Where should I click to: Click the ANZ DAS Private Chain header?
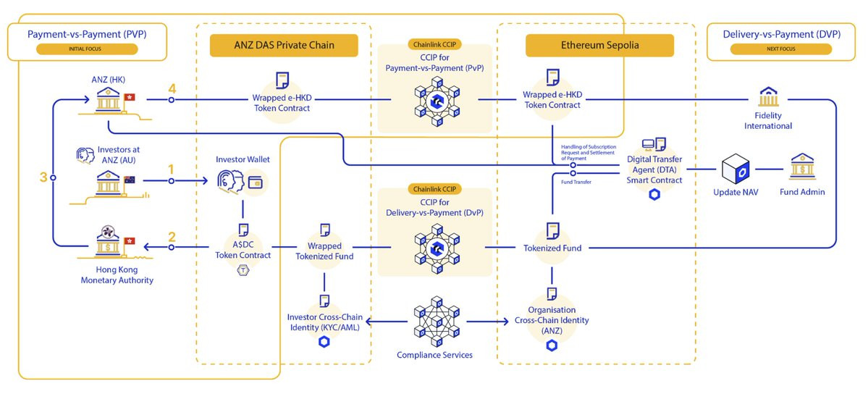point(283,46)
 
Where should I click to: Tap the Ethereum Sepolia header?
point(599,46)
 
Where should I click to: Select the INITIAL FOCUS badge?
point(86,50)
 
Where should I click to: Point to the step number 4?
point(172,89)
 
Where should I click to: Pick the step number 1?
point(171,169)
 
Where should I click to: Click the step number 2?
point(172,236)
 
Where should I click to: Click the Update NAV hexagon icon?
point(739,171)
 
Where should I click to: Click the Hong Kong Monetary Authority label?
point(117,275)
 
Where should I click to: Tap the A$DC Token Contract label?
point(243,251)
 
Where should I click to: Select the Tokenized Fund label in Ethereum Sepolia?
point(552,248)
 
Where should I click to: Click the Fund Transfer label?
point(576,182)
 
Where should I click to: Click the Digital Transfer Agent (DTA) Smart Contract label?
point(654,169)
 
